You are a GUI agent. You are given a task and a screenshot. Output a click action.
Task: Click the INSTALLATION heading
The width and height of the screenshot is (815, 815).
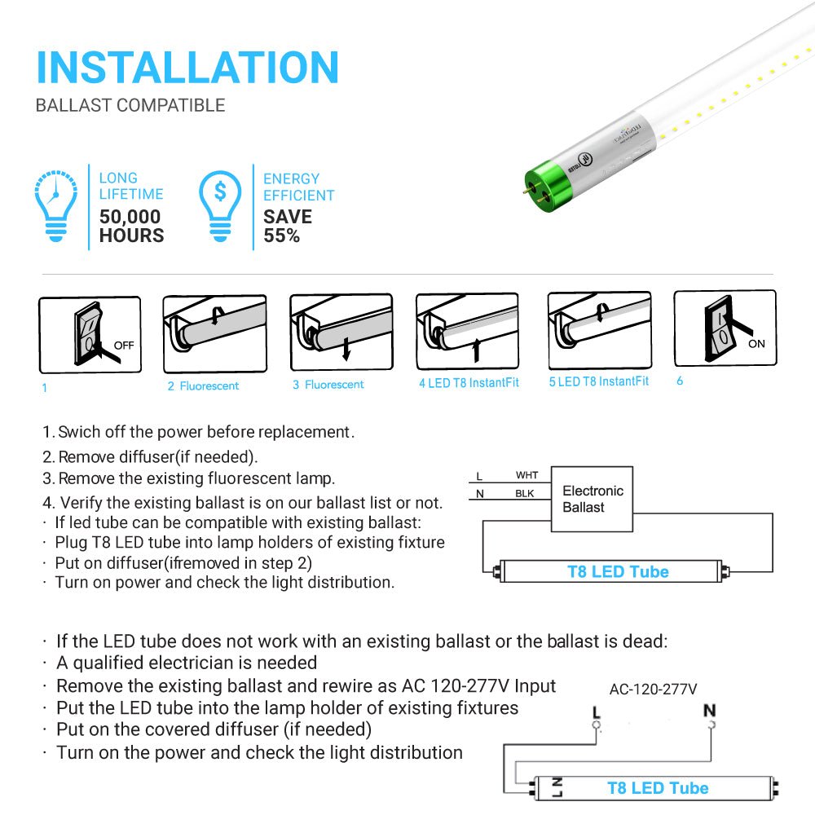click(187, 67)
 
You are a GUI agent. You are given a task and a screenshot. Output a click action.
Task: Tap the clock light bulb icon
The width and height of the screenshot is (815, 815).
click(55, 206)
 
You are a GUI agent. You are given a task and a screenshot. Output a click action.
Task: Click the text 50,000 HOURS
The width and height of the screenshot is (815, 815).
click(131, 227)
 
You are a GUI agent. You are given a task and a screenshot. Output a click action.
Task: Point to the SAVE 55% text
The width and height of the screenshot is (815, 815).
click(287, 227)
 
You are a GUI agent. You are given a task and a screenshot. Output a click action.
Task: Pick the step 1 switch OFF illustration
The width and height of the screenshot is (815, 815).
click(90, 334)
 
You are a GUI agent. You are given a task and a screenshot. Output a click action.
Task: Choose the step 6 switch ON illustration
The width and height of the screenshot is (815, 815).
click(725, 328)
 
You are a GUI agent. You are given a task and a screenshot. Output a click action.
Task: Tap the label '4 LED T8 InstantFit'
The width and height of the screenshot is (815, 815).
click(469, 383)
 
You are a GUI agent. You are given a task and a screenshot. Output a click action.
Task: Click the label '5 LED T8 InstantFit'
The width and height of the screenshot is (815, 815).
click(599, 381)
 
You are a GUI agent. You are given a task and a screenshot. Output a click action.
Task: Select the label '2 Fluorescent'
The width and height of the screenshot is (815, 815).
click(203, 386)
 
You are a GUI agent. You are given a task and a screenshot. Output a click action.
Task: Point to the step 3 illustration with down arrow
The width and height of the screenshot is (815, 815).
click(341, 333)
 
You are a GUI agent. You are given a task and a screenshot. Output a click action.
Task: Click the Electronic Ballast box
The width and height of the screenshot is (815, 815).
click(593, 499)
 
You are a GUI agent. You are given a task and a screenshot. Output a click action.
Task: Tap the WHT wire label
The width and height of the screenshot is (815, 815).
click(526, 475)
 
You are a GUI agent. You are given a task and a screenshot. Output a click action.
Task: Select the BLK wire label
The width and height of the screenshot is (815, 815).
click(526, 494)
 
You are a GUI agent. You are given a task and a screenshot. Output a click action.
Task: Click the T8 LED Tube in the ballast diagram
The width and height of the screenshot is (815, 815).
click(617, 571)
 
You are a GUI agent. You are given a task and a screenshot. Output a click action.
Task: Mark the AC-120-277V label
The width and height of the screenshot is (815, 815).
click(653, 689)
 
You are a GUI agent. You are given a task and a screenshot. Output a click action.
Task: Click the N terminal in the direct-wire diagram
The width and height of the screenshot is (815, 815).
click(709, 711)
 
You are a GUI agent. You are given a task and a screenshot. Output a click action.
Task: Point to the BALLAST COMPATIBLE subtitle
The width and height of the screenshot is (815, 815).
click(130, 105)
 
